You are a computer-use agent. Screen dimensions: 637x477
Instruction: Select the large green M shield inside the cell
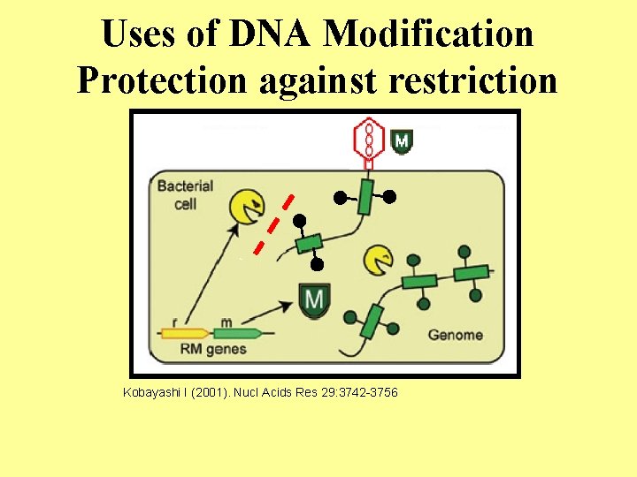314,301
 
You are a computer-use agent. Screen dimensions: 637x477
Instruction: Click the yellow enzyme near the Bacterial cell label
247,207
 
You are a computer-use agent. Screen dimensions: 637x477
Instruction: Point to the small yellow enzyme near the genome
379,258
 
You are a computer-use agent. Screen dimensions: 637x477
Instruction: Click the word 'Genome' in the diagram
455,335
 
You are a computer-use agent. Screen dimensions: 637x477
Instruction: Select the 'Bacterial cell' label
184,194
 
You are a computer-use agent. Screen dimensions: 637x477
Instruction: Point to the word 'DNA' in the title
272,34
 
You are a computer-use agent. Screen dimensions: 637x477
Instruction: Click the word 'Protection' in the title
162,80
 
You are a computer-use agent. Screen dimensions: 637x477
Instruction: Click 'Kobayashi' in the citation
150,391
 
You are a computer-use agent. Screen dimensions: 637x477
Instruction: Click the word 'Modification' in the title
429,34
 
